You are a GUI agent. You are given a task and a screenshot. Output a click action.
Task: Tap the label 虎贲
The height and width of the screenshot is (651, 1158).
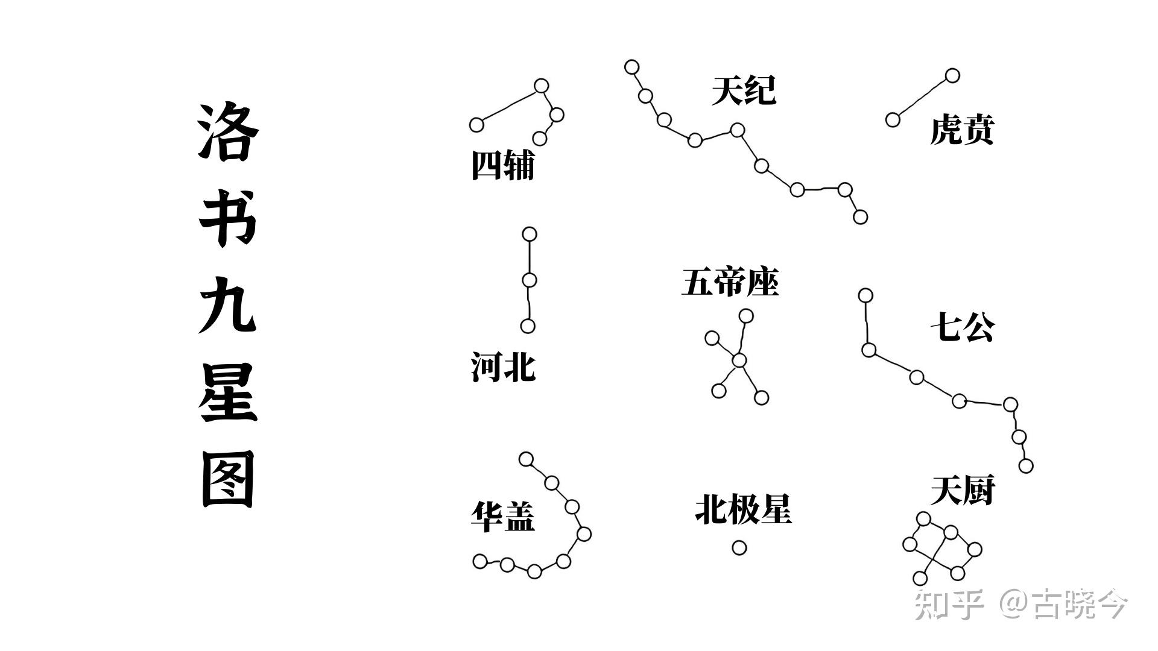tap(961, 130)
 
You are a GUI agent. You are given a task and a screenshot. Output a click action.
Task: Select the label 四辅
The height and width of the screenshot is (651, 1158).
tap(502, 165)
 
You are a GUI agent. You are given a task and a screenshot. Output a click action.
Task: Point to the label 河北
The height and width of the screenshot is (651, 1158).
tap(502, 368)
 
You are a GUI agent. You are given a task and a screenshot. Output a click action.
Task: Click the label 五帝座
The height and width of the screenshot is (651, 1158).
tap(730, 282)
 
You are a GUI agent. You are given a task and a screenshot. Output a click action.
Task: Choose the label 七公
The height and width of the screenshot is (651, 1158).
tap(962, 328)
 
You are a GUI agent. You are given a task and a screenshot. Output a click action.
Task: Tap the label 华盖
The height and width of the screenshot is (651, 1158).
tap(502, 517)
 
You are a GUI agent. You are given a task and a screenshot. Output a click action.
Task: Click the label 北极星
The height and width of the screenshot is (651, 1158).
tap(743, 510)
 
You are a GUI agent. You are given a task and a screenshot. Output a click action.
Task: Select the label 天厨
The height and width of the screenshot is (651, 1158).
tap(962, 491)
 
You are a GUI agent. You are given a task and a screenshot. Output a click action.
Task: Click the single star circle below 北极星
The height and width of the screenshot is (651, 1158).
tap(739, 547)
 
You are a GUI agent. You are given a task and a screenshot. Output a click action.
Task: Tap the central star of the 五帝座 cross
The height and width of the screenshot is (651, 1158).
tap(739, 360)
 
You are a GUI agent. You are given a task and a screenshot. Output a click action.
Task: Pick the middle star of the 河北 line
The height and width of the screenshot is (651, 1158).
tap(529, 280)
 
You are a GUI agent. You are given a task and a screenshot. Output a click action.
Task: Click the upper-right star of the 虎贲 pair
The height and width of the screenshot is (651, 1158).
tap(952, 75)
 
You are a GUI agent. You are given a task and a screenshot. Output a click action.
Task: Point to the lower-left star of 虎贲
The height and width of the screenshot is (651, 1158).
tap(893, 119)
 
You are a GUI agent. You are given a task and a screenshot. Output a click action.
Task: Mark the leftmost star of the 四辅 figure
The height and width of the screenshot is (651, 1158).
tap(476, 125)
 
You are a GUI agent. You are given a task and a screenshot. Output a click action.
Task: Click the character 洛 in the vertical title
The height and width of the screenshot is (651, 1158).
tap(228, 133)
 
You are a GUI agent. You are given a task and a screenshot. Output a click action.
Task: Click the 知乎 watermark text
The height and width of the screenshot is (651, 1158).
tap(949, 604)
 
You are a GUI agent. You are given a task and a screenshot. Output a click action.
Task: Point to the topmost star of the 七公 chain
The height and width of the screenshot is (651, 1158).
tap(865, 295)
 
